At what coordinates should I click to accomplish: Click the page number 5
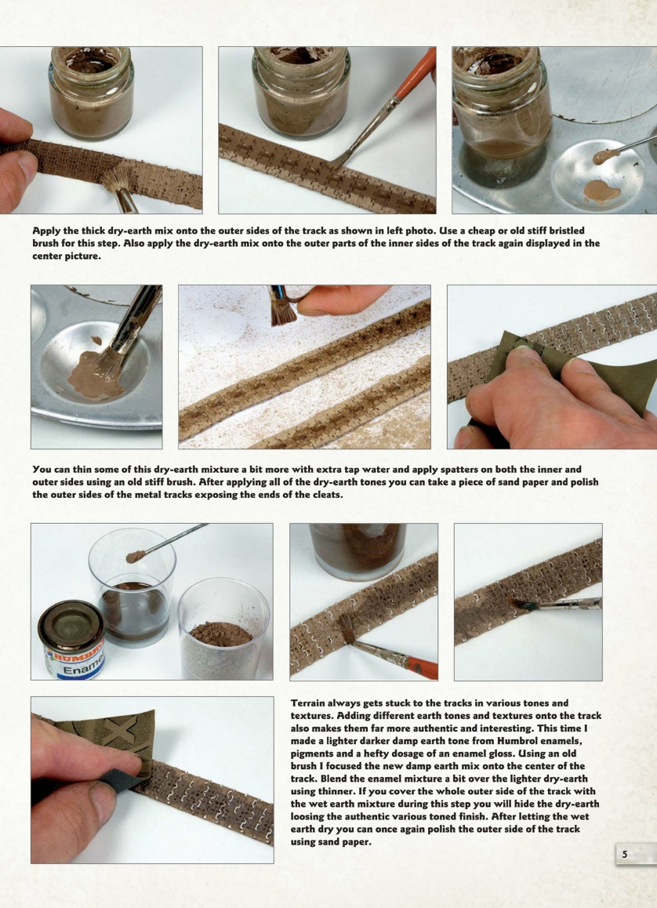coord(625,854)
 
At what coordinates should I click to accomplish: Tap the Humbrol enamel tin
coord(71,640)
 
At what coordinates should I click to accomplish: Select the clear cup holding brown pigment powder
coord(223,628)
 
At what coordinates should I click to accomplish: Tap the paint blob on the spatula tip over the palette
coord(605,156)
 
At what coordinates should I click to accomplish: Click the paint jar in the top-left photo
coord(92,93)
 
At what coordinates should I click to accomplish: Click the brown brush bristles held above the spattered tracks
coord(283,311)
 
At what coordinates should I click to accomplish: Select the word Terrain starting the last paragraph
coord(309,703)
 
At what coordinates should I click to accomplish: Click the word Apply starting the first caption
coord(45,231)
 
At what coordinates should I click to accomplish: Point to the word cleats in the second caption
coord(325,495)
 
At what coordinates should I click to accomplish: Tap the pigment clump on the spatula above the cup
coord(136,557)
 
